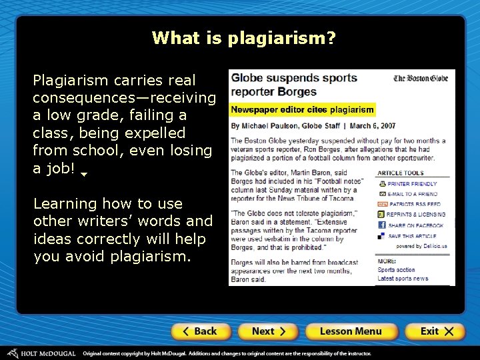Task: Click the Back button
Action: [201, 331]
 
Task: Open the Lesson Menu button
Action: [351, 331]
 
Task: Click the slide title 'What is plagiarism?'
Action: [243, 37]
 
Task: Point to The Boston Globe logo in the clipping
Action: [420, 79]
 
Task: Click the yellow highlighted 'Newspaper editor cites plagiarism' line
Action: [302, 109]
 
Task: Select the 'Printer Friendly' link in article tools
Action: [412, 184]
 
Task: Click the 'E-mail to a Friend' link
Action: [412, 194]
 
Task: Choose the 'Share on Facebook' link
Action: [414, 226]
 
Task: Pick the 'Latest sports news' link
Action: [403, 278]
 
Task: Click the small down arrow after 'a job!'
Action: [84, 174]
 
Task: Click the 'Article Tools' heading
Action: [400, 173]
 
